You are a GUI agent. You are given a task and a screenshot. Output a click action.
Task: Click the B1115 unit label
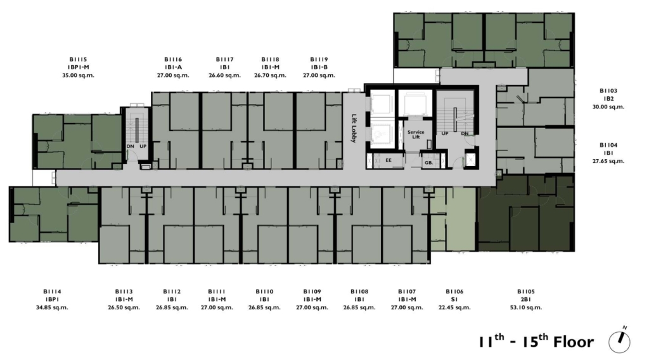click(x=78, y=60)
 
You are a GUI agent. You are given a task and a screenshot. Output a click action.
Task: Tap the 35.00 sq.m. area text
click(x=78, y=75)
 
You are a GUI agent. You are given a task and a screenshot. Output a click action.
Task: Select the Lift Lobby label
click(x=354, y=128)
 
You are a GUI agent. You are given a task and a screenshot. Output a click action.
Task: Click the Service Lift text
click(x=416, y=134)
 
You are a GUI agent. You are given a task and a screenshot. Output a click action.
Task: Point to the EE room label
click(x=389, y=160)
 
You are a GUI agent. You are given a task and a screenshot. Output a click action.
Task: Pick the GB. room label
click(x=429, y=163)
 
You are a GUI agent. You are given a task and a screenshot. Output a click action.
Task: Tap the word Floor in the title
click(x=574, y=342)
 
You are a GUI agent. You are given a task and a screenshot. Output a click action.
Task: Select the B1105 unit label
click(x=525, y=292)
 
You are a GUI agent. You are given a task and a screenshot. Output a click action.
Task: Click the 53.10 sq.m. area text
click(x=525, y=307)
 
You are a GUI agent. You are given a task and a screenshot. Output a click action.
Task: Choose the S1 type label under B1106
click(x=454, y=300)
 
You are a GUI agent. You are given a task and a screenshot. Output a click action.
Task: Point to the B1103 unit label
click(x=608, y=91)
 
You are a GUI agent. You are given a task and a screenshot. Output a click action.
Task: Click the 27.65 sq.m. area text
click(x=608, y=161)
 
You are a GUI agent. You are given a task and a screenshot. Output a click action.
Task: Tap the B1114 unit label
click(x=52, y=292)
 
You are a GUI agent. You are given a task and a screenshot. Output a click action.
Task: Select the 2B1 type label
click(x=525, y=300)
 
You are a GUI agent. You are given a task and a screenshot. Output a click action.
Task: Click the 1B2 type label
click(x=608, y=99)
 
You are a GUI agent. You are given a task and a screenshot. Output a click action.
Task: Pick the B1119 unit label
click(x=319, y=60)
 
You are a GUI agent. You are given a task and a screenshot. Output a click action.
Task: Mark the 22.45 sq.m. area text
click(x=454, y=307)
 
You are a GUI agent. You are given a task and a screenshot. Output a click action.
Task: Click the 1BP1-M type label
click(x=78, y=67)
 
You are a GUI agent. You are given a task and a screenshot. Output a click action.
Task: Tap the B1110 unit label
click(x=264, y=292)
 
